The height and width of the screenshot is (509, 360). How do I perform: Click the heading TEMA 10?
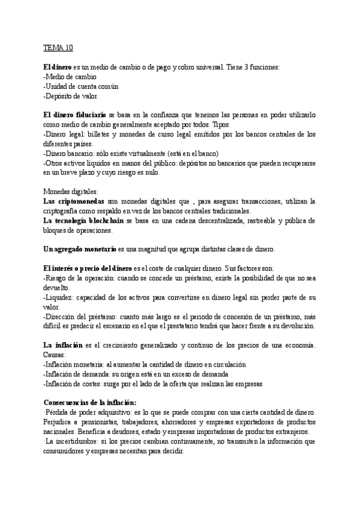[58, 47]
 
